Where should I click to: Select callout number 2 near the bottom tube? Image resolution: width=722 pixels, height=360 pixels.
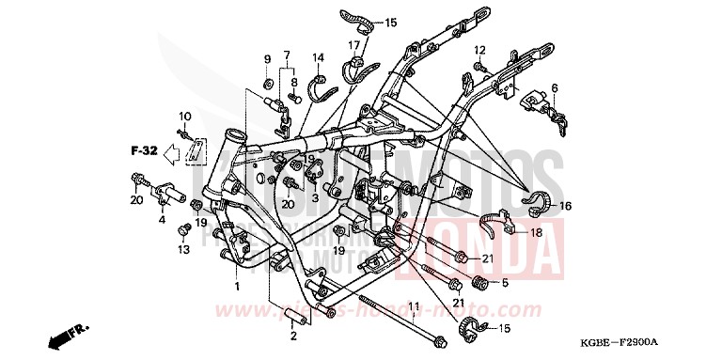point(294,336)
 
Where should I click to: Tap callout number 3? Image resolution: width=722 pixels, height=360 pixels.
point(315,199)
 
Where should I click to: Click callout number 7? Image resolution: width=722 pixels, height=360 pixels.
point(287,55)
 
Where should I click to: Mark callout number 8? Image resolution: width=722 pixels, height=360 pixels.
point(292,82)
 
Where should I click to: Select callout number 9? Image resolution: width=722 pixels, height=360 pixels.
point(266,60)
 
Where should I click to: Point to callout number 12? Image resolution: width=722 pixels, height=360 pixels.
point(479,50)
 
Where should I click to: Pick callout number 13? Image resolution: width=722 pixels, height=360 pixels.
point(182,249)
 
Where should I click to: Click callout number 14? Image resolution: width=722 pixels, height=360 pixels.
point(318,57)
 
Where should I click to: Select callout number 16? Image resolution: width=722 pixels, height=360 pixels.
point(566,205)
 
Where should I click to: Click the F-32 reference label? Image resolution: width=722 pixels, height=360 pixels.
point(143,149)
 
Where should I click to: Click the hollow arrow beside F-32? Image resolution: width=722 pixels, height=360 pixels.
point(172,149)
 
